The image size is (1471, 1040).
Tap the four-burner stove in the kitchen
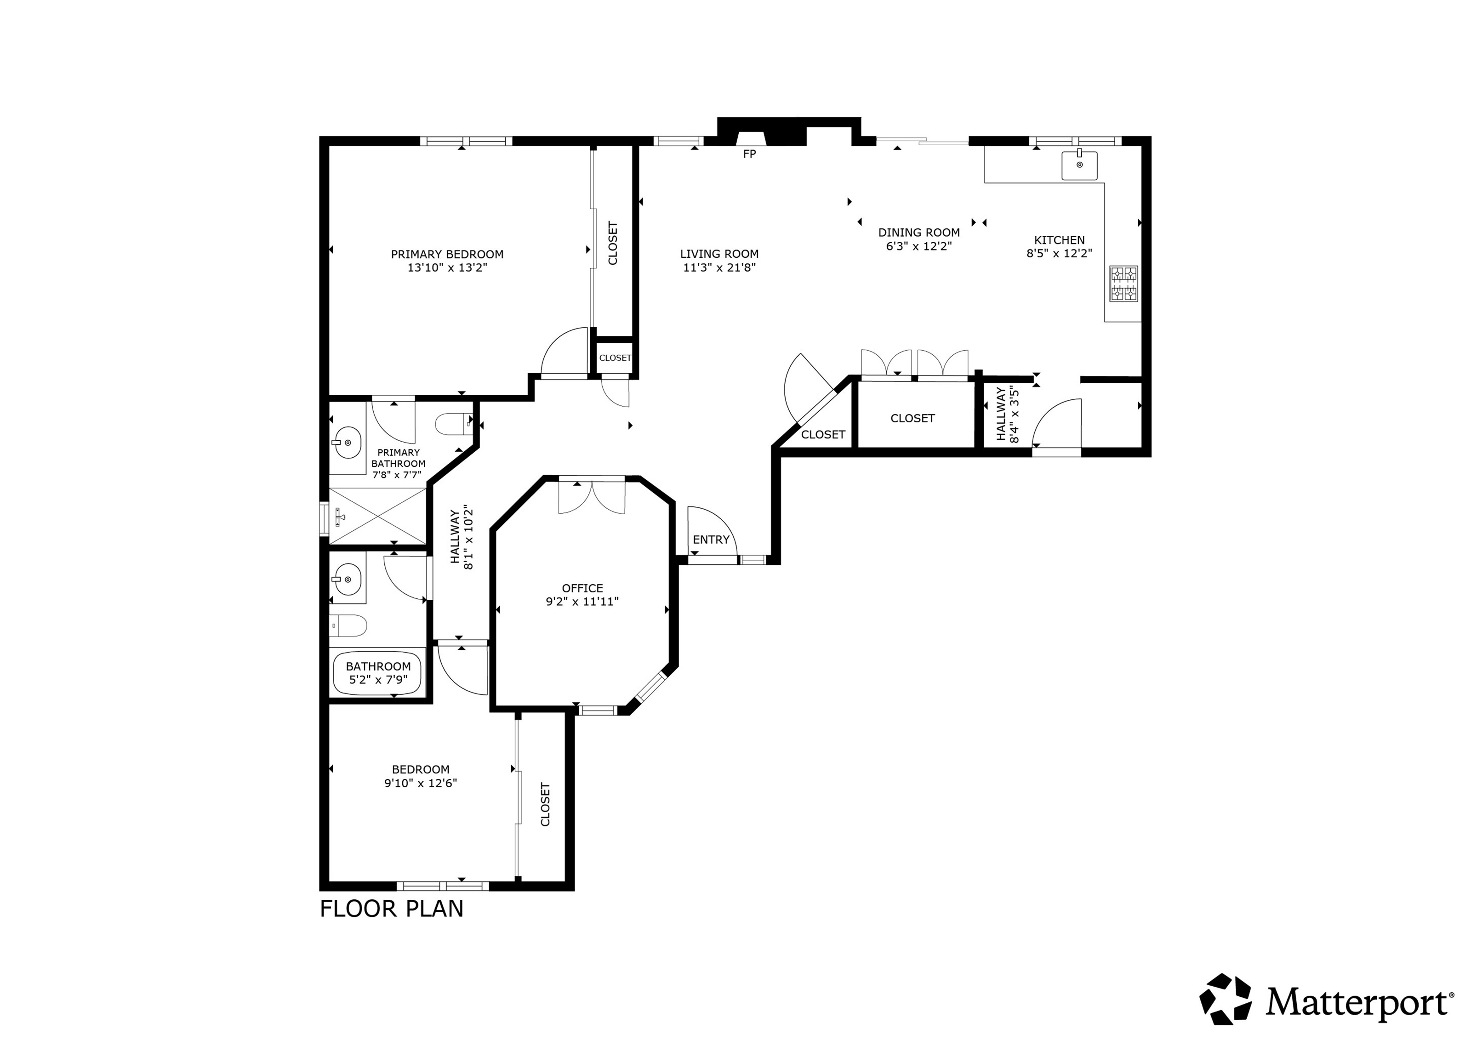coord(1124,284)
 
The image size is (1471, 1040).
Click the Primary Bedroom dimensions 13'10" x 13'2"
coord(447,267)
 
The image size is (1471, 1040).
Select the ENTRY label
coord(711,540)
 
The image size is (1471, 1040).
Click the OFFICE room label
coord(582,588)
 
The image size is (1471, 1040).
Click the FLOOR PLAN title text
coord(392,909)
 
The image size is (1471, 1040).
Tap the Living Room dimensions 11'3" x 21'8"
coord(719,267)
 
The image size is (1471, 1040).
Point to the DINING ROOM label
coord(919,233)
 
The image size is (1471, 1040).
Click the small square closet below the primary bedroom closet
coord(615,358)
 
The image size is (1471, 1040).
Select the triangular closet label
coord(823,435)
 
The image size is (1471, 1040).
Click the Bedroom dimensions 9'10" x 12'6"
coord(420,783)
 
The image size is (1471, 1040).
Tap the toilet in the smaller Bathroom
coord(348,625)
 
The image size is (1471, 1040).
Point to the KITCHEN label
coord(1059,240)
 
